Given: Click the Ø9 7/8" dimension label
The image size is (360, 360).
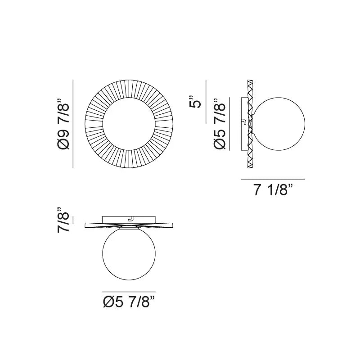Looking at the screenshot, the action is (x=63, y=124).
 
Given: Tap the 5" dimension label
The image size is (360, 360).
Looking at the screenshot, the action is (x=195, y=101).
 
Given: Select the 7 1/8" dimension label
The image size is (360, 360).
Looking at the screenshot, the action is (x=273, y=189).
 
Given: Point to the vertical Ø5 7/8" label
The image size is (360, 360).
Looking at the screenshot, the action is (x=220, y=124).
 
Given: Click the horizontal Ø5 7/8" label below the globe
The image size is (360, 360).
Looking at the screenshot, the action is (x=129, y=301).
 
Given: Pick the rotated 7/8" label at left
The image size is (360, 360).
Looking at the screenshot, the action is (x=63, y=220).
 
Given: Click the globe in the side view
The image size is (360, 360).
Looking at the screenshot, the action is (x=279, y=124).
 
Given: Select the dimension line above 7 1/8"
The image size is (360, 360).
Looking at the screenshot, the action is (x=273, y=180).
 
